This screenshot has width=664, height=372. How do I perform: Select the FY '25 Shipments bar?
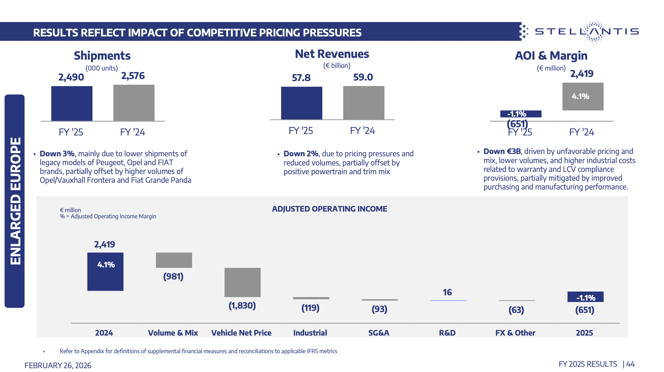coord(72,103)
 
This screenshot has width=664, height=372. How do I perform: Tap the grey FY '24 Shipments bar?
coord(134,103)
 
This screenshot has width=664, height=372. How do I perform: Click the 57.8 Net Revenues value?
coord(301,78)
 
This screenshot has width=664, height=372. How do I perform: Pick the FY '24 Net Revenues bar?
coord(363,103)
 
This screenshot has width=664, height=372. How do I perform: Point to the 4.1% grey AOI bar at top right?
coord(583,96)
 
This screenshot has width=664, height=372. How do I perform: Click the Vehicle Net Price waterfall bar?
coord(242,282)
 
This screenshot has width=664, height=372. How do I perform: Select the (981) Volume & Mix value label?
coord(173,277)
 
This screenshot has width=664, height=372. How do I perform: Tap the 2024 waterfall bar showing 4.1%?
coord(105,272)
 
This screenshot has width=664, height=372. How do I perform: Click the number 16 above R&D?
coord(447,292)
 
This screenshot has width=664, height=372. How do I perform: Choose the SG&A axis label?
coord(379,333)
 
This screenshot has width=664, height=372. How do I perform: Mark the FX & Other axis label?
coord(515,333)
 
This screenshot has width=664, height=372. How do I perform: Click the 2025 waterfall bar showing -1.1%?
coord(585,297)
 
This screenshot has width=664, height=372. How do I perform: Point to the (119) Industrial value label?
coord(310,308)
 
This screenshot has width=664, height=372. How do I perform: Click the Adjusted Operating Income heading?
coord(329,209)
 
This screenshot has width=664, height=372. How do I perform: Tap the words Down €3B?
coord(502,152)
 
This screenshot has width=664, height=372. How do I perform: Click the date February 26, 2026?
coord(58,366)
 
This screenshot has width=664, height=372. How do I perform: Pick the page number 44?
coord(630,364)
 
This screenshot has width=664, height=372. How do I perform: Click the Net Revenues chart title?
coord(332,54)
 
